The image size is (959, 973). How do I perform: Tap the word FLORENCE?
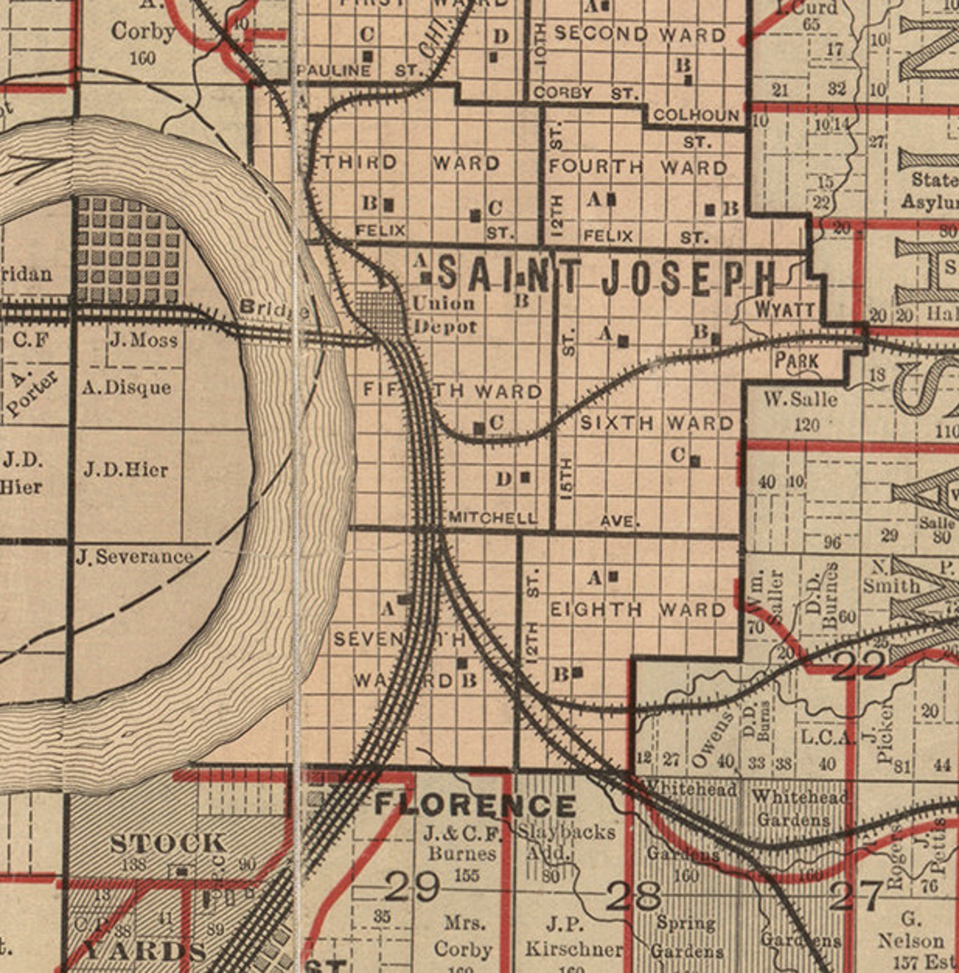pyautogui.click(x=475, y=805)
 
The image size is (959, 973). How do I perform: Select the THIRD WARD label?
pyautogui.click(x=411, y=162)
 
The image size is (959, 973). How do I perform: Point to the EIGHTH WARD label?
pyautogui.click(x=638, y=609)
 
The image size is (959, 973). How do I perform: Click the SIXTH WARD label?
pyautogui.click(x=656, y=423)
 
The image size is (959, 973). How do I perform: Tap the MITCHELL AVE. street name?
pyautogui.click(x=492, y=518)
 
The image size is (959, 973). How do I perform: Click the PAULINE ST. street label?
pyautogui.click(x=359, y=71)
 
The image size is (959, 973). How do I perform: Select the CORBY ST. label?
pyautogui.click(x=586, y=93)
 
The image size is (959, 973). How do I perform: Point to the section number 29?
pyautogui.click(x=412, y=887)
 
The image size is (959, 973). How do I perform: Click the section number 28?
pyautogui.click(x=633, y=896)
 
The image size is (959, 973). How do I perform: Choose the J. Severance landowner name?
pyautogui.click(x=135, y=556)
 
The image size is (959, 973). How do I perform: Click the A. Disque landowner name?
pyautogui.click(x=127, y=387)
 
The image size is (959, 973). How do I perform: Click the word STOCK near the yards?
pyautogui.click(x=168, y=843)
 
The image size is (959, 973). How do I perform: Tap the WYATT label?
pyautogui.click(x=784, y=310)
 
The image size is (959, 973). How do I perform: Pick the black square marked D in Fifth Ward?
pyautogui.click(x=525, y=477)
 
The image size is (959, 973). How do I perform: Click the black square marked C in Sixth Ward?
pyautogui.click(x=695, y=461)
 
